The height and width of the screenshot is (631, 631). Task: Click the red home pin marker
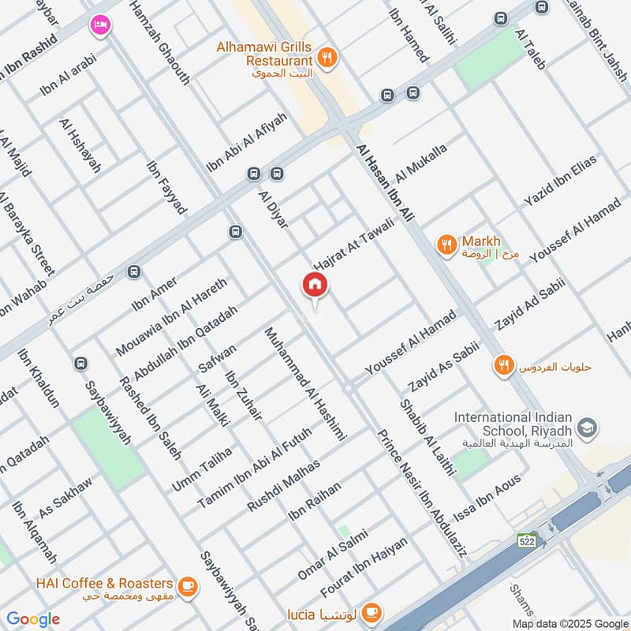pyautogui.click(x=314, y=285)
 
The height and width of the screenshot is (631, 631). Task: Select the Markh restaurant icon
pyautogui.click(x=446, y=245)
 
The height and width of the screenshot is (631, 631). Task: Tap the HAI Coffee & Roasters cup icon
pyautogui.click(x=187, y=584)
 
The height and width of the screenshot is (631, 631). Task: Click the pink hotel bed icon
pyautogui.click(x=100, y=25)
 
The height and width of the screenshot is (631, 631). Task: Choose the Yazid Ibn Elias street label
pyautogui.click(x=561, y=181)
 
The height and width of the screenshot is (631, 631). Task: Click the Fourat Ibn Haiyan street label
pyautogui.click(x=364, y=567)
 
